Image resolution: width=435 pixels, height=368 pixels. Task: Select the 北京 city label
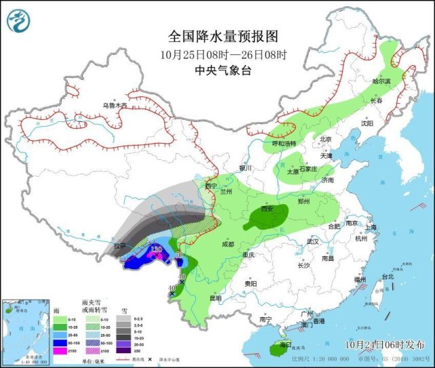[x=326, y=140]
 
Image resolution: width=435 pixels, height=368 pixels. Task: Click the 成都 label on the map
[x=227, y=244]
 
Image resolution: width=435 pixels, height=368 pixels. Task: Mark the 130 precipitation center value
[x=156, y=249]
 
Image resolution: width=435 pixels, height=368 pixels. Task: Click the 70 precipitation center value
[x=179, y=256]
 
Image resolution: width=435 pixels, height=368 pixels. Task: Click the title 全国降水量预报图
[x=223, y=36]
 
